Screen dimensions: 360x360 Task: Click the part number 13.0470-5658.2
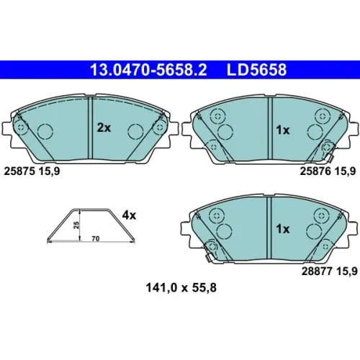[148, 70]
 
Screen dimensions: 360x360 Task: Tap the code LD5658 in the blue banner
[256, 70]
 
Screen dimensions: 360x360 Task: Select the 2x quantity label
[104, 128]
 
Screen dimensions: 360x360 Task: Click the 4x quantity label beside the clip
[129, 215]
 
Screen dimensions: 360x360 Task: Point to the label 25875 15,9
[32, 171]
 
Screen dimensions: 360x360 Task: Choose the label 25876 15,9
[328, 171]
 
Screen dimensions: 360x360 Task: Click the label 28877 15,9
[329, 271]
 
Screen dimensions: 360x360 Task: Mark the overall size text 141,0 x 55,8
[181, 287]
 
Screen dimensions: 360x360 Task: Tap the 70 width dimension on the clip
[96, 239]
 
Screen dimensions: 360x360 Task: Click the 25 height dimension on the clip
[76, 225]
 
